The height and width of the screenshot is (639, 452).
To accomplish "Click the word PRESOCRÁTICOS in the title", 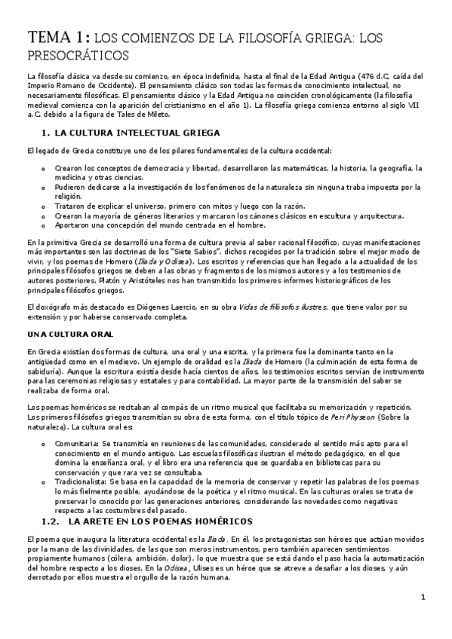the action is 78,55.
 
